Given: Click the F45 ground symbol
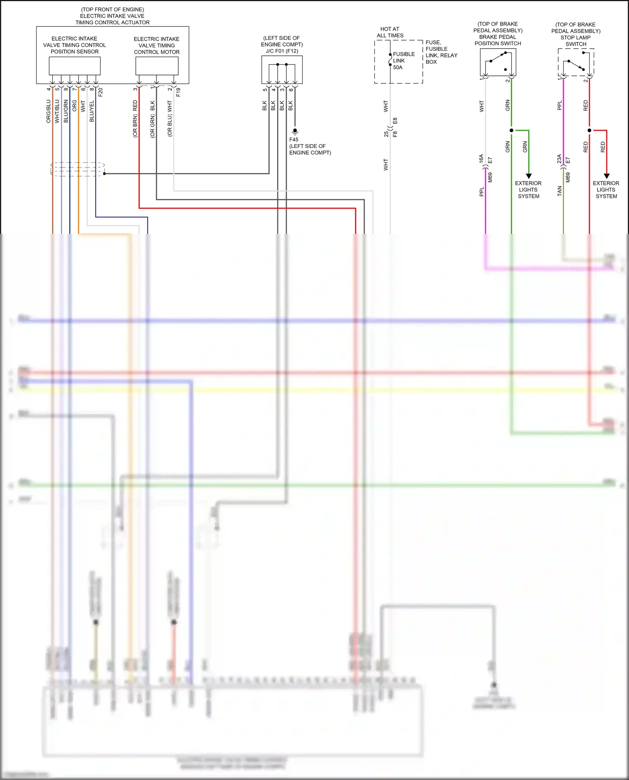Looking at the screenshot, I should pyautogui.click(x=295, y=131).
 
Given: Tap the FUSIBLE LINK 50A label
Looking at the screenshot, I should pyautogui.click(x=403, y=61).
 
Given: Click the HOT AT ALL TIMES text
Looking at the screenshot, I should pyautogui.click(x=390, y=32).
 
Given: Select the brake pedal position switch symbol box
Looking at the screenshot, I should pyautogui.click(x=498, y=62).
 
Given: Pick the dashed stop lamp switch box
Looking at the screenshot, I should pyautogui.click(x=576, y=62).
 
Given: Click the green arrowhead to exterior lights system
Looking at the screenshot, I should pyautogui.click(x=529, y=176).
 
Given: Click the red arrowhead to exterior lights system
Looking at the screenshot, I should pyautogui.click(x=606, y=176).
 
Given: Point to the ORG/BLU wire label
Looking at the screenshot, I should pyautogui.click(x=49, y=111).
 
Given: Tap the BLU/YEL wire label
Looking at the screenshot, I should pyautogui.click(x=92, y=111).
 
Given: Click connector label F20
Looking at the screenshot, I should pyautogui.click(x=101, y=92).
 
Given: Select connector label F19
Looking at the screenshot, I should pyautogui.click(x=179, y=92).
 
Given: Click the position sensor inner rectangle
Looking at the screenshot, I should pyautogui.click(x=75, y=66).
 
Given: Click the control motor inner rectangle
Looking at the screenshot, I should pyautogui.click(x=157, y=66).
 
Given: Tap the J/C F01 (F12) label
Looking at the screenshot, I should pyautogui.click(x=282, y=51).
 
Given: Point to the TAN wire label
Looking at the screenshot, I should pyautogui.click(x=559, y=191).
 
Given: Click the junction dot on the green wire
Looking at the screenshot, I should pyautogui.click(x=511, y=130).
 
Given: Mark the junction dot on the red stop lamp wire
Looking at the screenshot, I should pyautogui.click(x=589, y=130).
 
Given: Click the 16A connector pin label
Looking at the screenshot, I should pyautogui.click(x=481, y=158).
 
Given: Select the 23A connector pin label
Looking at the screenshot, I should pyautogui.click(x=559, y=158).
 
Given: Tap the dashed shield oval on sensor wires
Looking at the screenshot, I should pyautogui.click(x=78, y=169).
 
